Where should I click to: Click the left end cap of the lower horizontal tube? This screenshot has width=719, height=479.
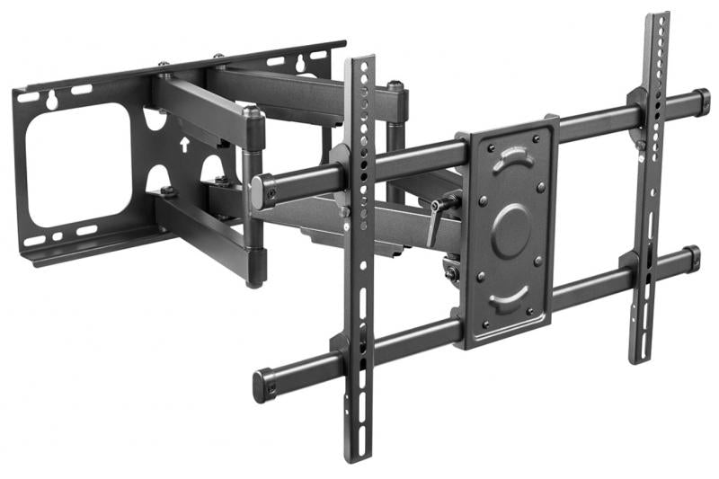pos(262,385)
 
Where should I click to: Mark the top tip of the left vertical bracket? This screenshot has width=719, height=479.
pos(359,60)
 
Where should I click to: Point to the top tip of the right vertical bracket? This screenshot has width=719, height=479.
pos(658,15)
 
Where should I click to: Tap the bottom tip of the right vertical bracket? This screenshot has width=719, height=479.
pos(640,359)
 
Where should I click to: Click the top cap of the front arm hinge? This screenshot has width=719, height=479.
pos(253,115)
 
